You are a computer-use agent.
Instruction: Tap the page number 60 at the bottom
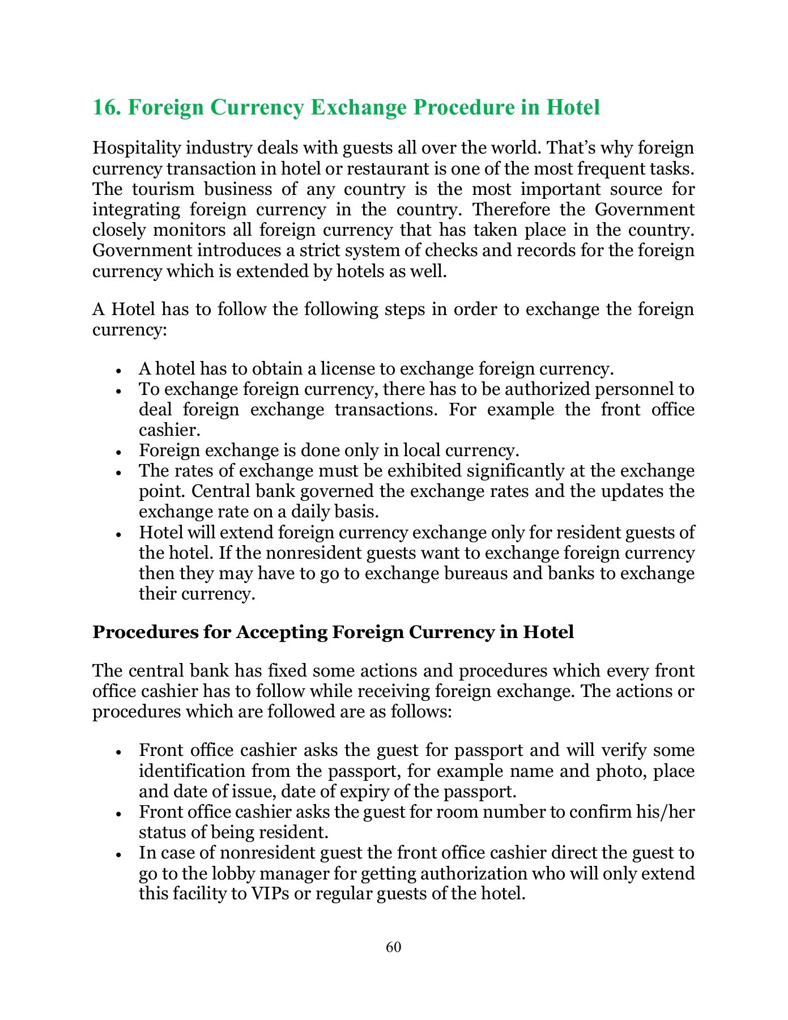pyautogui.click(x=393, y=947)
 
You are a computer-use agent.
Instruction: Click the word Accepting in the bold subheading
pyautogui.click(x=282, y=632)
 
